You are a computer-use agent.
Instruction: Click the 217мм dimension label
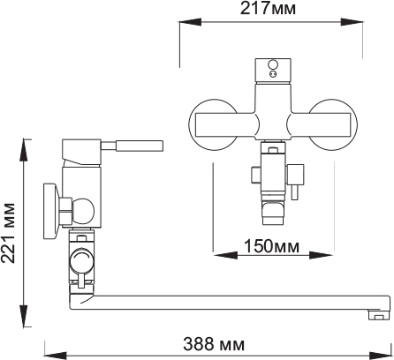pyautogui.click(x=268, y=8)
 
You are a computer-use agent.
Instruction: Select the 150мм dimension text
pyautogui.click(x=271, y=246)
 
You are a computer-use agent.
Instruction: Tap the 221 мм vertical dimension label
pyautogui.click(x=8, y=233)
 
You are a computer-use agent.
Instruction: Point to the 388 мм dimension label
pyautogui.click(x=214, y=344)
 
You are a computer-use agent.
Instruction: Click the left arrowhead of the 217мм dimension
pyautogui.click(x=190, y=22)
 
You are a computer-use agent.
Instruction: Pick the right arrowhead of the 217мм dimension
pyautogui.click(x=352, y=22)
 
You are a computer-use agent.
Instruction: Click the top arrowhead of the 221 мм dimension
pyautogui.click(x=24, y=150)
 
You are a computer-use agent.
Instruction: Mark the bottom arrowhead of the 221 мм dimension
pyautogui.click(x=24, y=316)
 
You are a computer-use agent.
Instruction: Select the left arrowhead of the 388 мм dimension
pyautogui.click(x=56, y=356)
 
